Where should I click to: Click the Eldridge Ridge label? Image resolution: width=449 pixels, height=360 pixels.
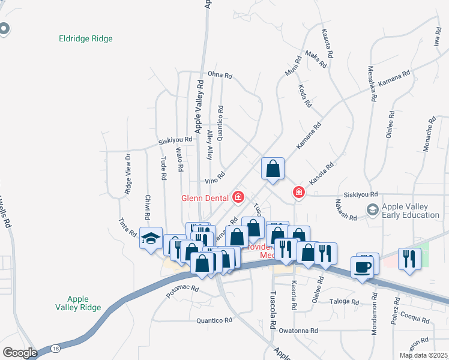86,39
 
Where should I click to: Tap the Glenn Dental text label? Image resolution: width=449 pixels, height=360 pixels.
205,197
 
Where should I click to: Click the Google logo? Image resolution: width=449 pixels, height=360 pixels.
20,353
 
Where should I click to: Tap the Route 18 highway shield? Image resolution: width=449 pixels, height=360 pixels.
55,349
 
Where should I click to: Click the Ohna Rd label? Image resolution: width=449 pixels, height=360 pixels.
220,76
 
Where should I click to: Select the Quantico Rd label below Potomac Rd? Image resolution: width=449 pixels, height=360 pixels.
214,320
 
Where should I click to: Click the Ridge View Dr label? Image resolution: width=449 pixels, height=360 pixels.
128,174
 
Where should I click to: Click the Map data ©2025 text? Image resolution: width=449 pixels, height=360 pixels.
423,355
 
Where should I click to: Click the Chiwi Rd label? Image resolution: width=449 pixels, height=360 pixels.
147,207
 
